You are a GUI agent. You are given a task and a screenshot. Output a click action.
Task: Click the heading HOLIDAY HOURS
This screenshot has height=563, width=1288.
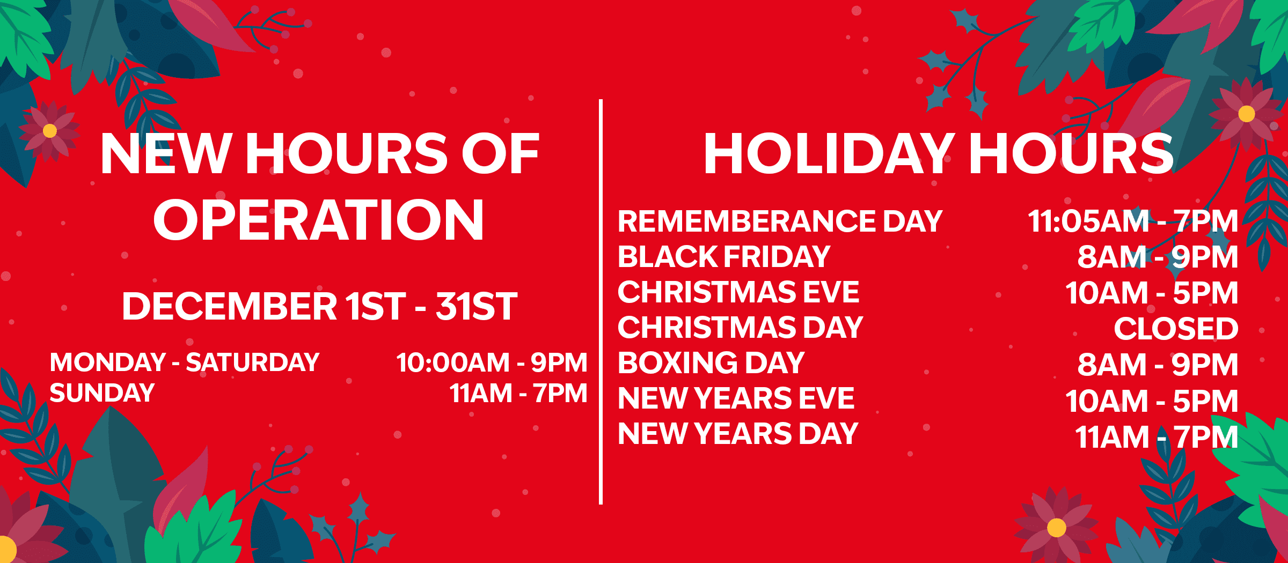pos(939,154)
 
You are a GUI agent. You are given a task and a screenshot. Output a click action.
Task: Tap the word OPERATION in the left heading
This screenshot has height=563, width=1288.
pos(319,220)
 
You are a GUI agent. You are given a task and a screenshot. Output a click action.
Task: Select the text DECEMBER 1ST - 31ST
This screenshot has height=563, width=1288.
pos(320,306)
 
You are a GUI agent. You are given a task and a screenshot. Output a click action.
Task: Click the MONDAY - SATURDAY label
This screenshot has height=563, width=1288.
pos(185,362)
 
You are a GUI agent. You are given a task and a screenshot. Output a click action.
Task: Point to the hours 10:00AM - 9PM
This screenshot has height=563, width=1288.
pos(492,362)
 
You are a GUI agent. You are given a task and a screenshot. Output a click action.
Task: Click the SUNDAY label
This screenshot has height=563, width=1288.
pos(102,393)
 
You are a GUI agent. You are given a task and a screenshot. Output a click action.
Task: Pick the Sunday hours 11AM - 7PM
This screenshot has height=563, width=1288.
pos(518,393)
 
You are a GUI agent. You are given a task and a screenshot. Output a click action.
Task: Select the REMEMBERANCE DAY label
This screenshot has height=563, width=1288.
pos(780,221)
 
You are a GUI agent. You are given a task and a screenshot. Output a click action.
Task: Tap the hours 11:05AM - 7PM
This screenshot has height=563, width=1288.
pos(1133,221)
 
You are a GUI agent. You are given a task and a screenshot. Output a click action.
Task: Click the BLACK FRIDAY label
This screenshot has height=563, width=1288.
pos(724,256)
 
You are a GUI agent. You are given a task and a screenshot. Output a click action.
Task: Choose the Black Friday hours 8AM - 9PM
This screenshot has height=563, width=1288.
pos(1158,257)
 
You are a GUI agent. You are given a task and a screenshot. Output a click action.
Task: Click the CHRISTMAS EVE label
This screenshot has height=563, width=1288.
pos(738,292)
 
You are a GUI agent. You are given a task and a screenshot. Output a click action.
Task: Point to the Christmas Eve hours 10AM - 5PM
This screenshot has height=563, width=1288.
pos(1152,293)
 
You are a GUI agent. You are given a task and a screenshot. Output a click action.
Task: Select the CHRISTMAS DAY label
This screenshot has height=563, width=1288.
pos(741,327)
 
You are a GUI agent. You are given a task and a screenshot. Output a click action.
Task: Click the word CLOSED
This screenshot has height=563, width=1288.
pos(1176,328)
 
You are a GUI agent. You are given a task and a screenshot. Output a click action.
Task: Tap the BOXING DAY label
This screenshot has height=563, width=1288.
pos(711,363)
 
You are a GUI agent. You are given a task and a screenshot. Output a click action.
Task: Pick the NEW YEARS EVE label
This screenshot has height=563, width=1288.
pos(736,398)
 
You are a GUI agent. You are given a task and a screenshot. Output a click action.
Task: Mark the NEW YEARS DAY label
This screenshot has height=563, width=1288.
pos(738,434)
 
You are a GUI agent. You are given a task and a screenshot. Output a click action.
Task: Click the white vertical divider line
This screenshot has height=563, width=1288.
pos(601,302)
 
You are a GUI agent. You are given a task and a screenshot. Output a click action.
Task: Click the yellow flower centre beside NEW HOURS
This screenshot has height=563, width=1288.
pos(50,130)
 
